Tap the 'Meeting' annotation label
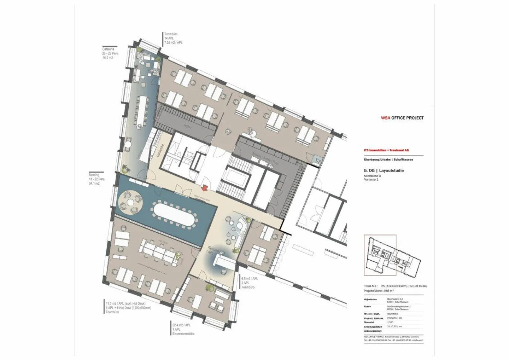(94, 175)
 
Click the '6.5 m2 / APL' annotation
(250, 278)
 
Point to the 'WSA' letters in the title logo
(385, 118)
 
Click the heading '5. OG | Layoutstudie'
(384, 171)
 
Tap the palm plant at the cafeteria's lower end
(124, 168)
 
